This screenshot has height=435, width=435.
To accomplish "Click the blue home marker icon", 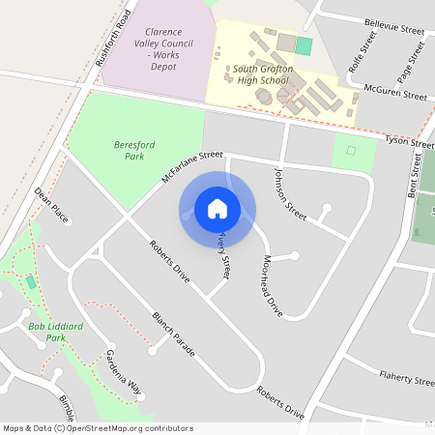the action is (217, 209).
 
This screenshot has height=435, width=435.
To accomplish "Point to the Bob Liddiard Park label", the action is (55, 333).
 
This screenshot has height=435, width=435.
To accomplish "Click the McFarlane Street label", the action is (192, 167).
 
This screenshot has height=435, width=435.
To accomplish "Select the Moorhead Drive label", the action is (273, 286).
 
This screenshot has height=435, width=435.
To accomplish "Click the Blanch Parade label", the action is (174, 334).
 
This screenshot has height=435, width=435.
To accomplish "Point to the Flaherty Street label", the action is (407, 379).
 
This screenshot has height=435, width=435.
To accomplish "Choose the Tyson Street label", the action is (410, 143).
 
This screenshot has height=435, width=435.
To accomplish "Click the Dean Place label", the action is (51, 205).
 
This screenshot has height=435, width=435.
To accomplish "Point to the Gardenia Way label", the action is (123, 368).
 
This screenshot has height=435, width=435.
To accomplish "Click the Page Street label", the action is (405, 60).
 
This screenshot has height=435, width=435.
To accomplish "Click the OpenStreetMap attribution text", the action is (98, 428).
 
